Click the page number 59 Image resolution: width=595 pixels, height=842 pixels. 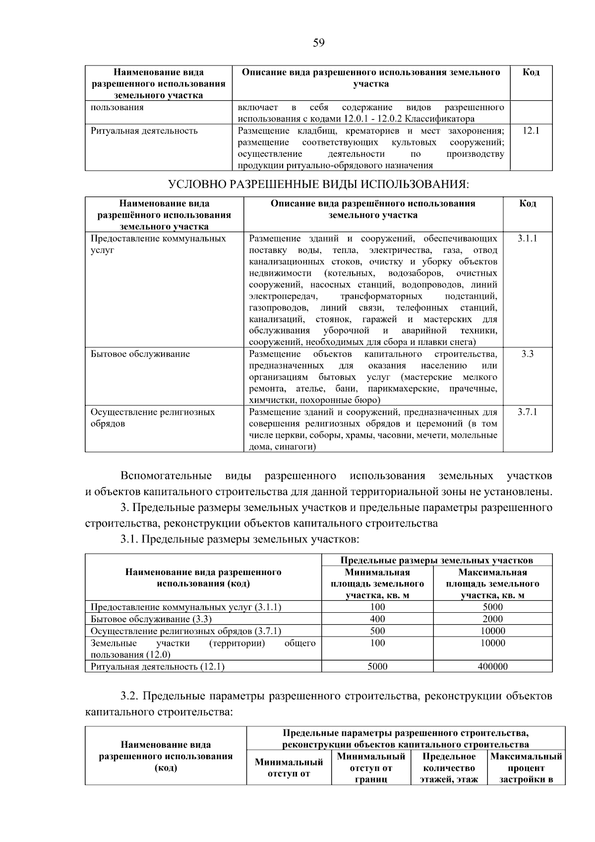(318, 43)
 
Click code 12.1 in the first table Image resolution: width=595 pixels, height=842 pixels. (531, 131)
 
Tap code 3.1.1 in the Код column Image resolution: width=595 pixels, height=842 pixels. (527, 238)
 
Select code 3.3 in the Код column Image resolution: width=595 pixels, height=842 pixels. (527, 354)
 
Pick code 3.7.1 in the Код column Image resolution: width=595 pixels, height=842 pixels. (527, 412)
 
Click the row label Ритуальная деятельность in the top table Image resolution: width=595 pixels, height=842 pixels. (144, 131)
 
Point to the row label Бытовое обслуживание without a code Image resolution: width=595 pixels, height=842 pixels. (140, 354)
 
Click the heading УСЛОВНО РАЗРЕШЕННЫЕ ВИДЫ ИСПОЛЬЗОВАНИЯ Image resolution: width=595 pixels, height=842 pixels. (318, 185)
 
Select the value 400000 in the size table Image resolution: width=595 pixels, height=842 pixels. (492, 666)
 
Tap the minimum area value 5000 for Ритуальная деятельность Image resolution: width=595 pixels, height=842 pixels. (377, 666)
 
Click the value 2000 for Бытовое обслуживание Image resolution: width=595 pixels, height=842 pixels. (492, 619)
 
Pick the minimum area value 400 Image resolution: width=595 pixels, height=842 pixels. (377, 619)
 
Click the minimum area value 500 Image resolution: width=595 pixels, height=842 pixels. (377, 631)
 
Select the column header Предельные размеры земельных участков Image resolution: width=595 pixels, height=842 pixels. (436, 560)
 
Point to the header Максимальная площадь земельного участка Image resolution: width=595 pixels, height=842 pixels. (492, 583)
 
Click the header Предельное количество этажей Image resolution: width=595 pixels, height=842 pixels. (449, 768)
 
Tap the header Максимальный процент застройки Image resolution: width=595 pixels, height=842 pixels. (526, 768)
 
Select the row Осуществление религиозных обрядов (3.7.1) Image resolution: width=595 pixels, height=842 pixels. (185, 631)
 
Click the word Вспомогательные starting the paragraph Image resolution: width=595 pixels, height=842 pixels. (166, 476)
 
